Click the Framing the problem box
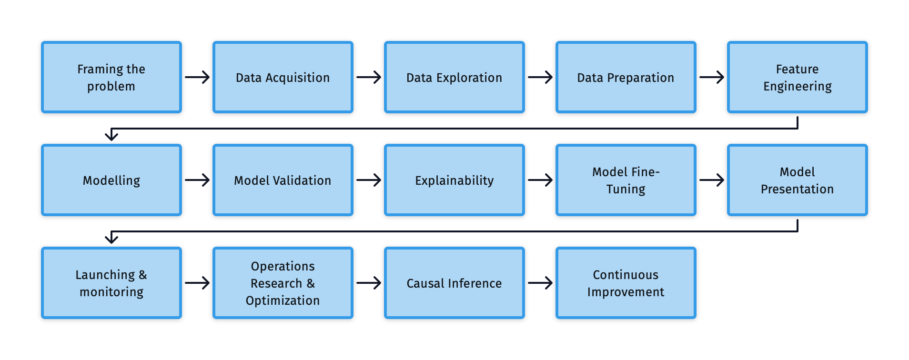[111, 77]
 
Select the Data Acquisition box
[283, 77]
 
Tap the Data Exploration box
[454, 77]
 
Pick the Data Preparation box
[626, 77]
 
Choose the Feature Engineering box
[798, 77]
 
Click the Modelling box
[111, 180]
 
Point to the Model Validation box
[283, 180]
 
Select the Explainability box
[454, 180]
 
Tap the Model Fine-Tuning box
[626, 180]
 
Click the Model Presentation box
[798, 180]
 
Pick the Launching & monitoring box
[111, 283]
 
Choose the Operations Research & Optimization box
[283, 283]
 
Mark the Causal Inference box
[454, 283]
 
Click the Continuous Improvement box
[626, 283]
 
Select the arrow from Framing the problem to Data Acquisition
[197, 77]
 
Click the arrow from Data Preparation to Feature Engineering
[712, 77]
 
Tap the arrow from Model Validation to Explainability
[369, 180]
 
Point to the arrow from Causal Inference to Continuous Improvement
[540, 283]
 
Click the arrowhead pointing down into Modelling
[111, 137]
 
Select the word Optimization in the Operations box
[283, 300]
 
